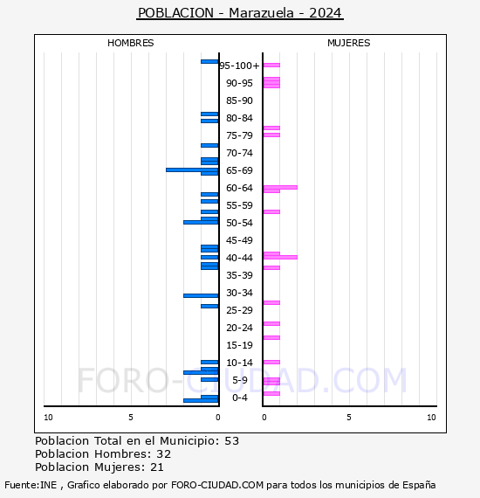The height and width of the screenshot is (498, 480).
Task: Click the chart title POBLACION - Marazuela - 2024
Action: pos(240,13)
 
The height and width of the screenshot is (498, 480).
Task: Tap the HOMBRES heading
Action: pos(130,43)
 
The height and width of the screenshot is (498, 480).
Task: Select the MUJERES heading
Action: pos(349,43)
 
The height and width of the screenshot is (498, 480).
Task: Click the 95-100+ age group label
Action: pos(239,66)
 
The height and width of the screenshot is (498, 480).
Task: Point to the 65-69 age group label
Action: pos(239,170)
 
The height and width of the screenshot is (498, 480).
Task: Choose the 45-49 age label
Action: pos(239,240)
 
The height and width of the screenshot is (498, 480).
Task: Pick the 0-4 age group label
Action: pos(239,398)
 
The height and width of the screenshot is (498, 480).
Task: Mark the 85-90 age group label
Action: pos(239,100)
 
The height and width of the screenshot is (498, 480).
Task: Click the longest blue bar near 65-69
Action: pos(192,169)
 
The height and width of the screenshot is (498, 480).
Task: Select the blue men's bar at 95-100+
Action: pos(209,62)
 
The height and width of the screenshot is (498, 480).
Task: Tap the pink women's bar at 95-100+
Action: pos(271,66)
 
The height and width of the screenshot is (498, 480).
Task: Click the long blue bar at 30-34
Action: pos(201,295)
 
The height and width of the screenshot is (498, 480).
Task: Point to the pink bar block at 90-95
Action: pos(271,83)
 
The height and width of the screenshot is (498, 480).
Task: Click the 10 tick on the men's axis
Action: pos(48,418)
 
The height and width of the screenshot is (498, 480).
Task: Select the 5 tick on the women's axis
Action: pos(349,418)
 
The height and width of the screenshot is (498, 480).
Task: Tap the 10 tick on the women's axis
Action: pos(431,418)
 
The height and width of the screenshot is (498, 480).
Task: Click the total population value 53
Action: pos(232,441)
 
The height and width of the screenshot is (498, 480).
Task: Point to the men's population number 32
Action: pos(164,454)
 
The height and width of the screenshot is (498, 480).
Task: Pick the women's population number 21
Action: pos(157,467)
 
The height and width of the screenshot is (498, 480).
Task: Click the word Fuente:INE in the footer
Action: pos(31,485)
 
